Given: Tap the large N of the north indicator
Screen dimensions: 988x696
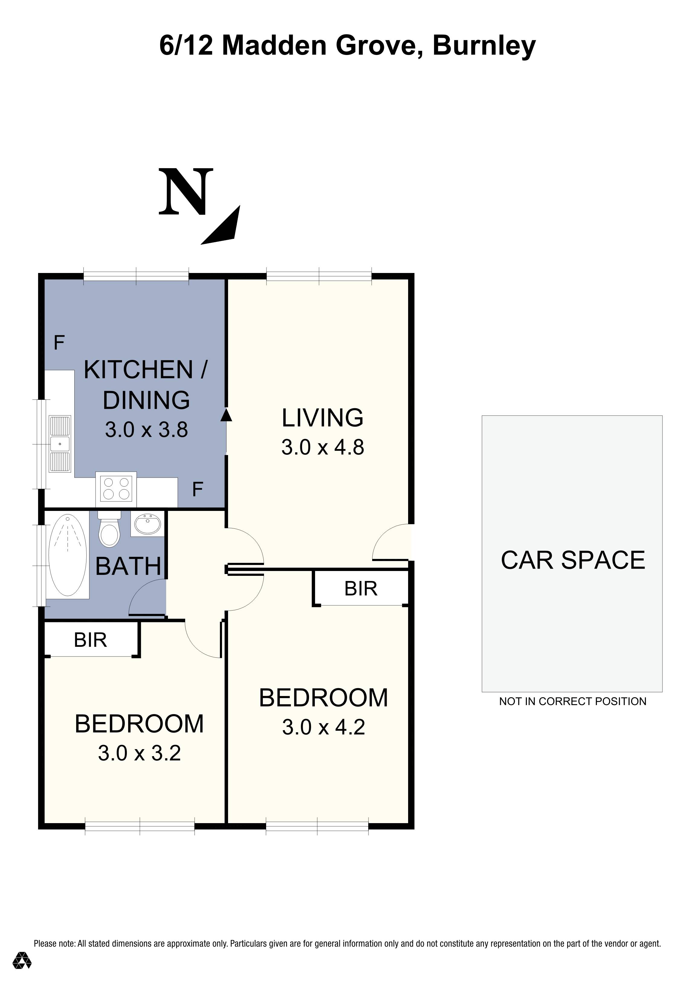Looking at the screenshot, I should [x=186, y=192].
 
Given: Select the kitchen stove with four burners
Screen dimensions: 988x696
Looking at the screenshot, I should [x=116, y=489].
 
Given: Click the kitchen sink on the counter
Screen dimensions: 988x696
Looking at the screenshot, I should [x=60, y=443].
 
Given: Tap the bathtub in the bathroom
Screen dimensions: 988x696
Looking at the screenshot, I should [x=68, y=556].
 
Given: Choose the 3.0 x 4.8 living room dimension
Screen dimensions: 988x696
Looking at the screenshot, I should [x=323, y=447].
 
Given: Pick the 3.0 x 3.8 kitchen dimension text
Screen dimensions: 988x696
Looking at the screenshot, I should [x=146, y=430].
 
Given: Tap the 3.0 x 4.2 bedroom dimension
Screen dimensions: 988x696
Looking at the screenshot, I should [x=324, y=727].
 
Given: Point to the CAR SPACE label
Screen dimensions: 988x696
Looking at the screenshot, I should [x=573, y=560].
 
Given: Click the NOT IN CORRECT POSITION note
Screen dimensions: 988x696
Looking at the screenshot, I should [x=572, y=701].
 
